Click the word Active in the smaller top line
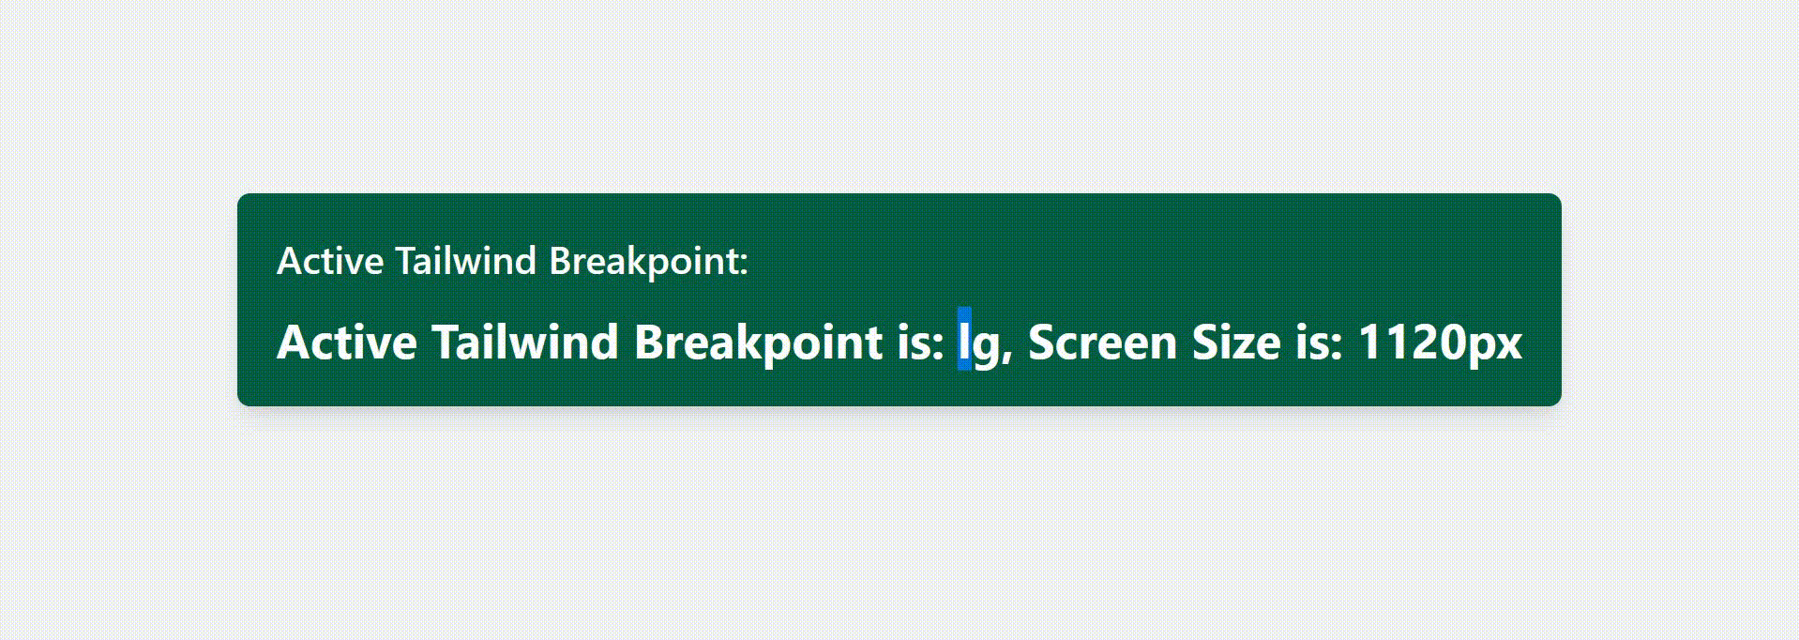pyautogui.click(x=329, y=261)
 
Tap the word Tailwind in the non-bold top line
pyautogui.click(x=465, y=261)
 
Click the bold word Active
pyautogui.click(x=347, y=342)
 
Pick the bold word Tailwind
pyautogui.click(x=525, y=341)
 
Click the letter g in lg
pyautogui.click(x=986, y=347)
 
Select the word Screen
pyautogui.click(x=1103, y=342)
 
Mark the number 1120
pyautogui.click(x=1411, y=342)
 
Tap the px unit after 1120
pyautogui.click(x=1493, y=347)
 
